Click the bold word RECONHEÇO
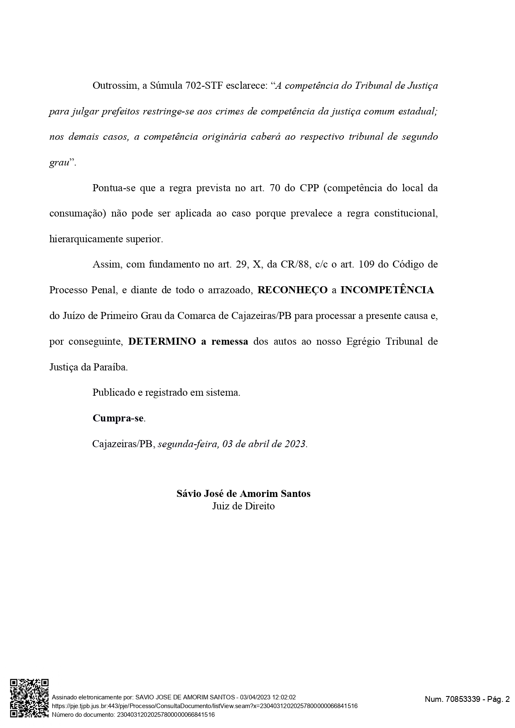coord(292,290)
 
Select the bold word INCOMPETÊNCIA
coord(387,290)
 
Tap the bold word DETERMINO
coord(162,341)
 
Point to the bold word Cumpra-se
coord(118,418)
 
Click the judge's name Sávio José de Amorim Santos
coord(243,494)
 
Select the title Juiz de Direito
coord(243,506)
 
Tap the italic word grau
coord(59,163)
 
